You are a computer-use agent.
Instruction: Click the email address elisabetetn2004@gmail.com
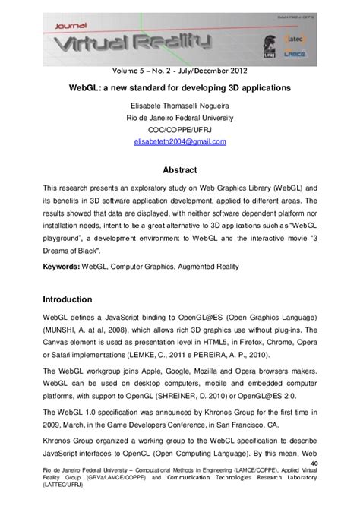coord(179,141)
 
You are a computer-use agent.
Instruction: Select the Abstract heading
coord(180,170)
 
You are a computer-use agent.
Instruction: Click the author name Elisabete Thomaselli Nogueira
coord(180,107)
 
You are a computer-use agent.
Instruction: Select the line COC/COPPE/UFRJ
coord(180,130)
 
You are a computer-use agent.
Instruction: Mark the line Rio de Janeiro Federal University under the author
coord(180,119)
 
